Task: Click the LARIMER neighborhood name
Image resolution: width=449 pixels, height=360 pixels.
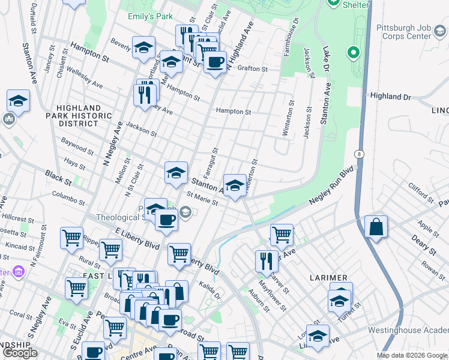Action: pos(329,278)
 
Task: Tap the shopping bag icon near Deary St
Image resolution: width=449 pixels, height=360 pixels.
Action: pos(376,227)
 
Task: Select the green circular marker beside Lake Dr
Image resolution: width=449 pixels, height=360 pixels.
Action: pos(354,54)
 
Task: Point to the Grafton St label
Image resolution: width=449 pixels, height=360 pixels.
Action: pos(252,69)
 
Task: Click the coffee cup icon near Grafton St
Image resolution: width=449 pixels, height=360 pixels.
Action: pos(215,61)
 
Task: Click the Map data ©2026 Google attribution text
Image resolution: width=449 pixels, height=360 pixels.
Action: pos(412,355)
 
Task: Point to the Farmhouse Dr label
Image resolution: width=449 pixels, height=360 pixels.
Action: pos(293,37)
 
